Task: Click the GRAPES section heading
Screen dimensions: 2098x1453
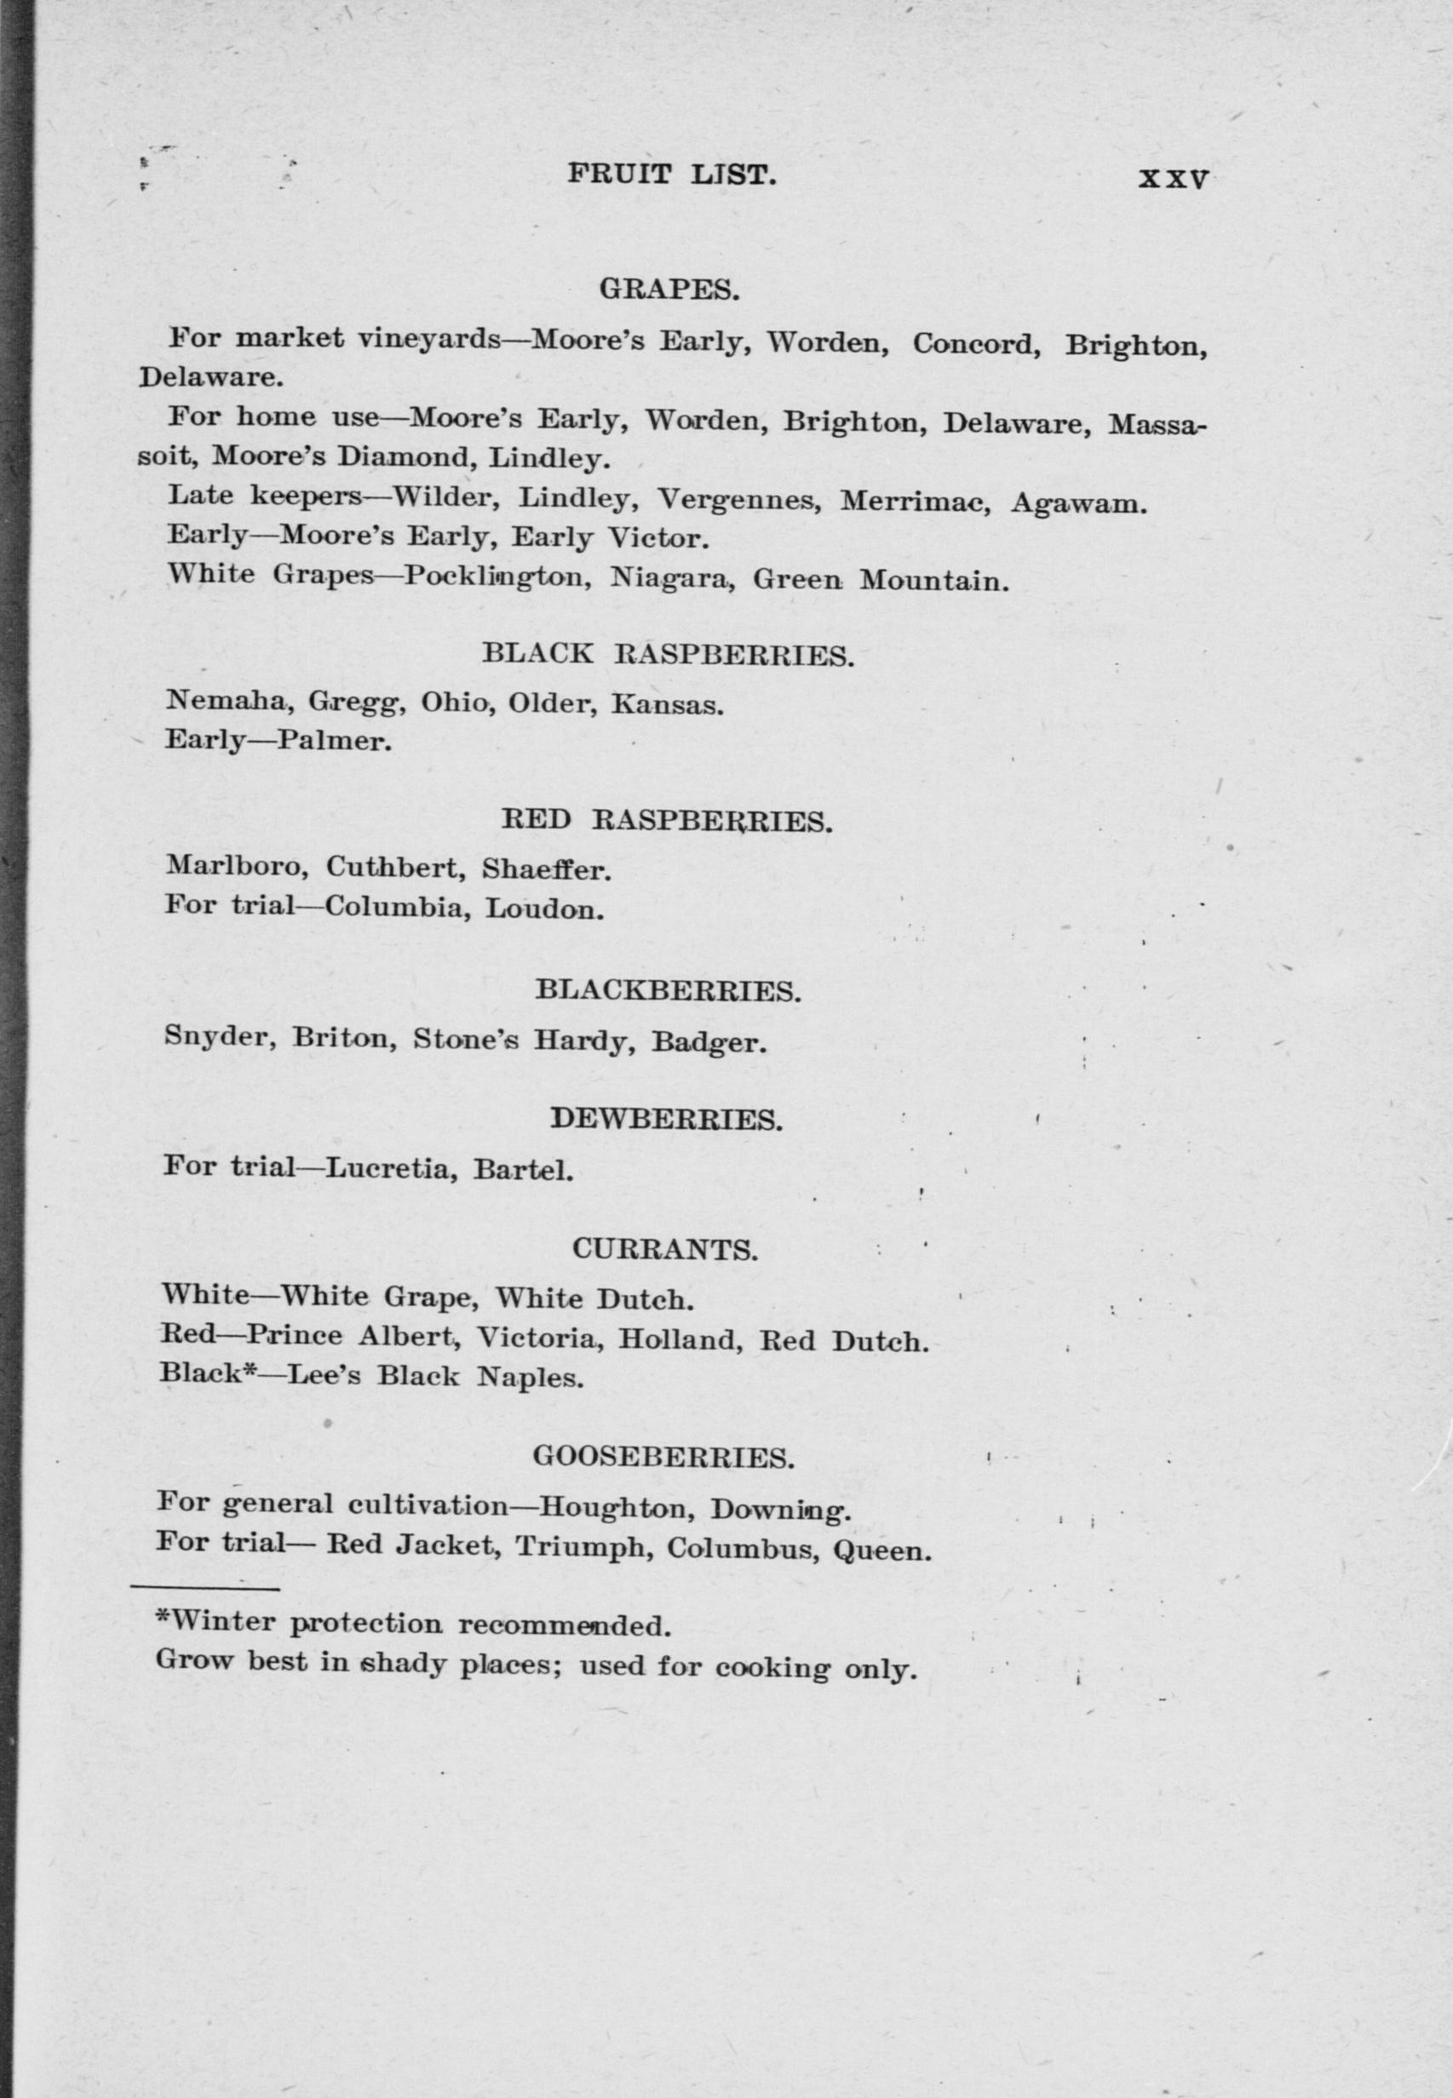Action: tap(669, 290)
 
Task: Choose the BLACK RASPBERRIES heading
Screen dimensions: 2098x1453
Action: tap(668, 656)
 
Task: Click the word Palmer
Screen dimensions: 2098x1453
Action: tap(334, 742)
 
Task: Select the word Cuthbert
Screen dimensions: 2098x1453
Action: tap(396, 868)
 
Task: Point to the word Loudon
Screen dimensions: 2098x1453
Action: tap(544, 909)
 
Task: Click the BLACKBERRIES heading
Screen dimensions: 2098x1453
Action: tap(668, 990)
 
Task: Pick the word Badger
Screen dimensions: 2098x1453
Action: tap(709, 1042)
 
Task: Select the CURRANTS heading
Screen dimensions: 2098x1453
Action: tap(665, 1250)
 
